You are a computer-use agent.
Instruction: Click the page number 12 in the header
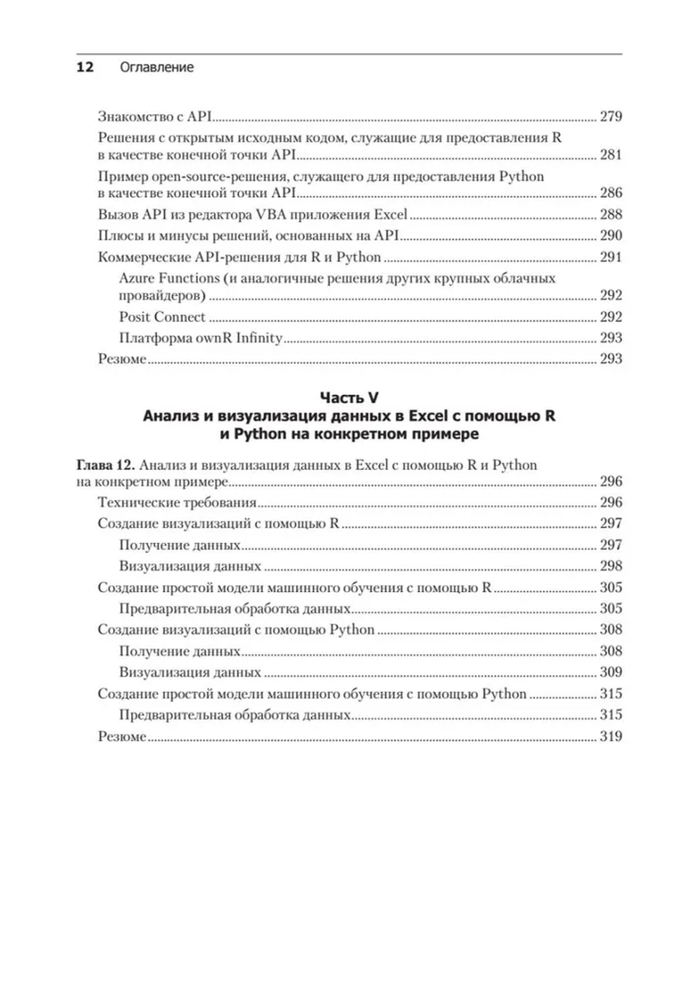(85, 67)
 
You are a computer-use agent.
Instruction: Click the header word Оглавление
(157, 67)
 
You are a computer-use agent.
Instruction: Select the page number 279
(610, 116)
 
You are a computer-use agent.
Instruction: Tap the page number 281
(610, 154)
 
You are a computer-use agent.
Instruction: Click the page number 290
(610, 235)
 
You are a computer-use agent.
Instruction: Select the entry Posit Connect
(162, 317)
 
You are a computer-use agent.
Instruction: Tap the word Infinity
(259, 338)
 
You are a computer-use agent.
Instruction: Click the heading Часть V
(349, 398)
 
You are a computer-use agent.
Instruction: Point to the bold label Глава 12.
(105, 465)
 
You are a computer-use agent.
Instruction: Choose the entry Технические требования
(177, 502)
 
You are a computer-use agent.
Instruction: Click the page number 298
(610, 566)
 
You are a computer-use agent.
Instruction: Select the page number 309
(610, 672)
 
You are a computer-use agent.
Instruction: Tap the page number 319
(610, 736)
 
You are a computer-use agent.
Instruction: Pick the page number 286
(610, 192)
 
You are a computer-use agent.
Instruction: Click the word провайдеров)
(162, 296)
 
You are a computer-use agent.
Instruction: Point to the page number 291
(610, 257)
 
